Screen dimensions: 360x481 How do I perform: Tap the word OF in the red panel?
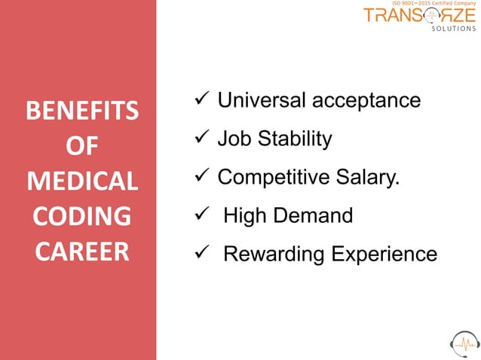click(x=81, y=148)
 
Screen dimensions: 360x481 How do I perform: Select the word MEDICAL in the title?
click(x=81, y=182)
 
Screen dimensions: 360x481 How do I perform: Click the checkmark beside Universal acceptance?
click(x=201, y=100)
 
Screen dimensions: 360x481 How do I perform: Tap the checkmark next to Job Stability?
click(x=201, y=139)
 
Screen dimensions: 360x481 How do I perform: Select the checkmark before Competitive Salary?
click(x=201, y=177)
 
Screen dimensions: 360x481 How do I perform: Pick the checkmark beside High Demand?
click(x=201, y=216)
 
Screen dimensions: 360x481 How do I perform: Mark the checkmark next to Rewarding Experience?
click(x=201, y=255)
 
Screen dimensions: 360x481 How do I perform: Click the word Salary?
click(x=369, y=178)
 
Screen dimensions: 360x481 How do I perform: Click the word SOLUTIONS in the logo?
click(x=453, y=29)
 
